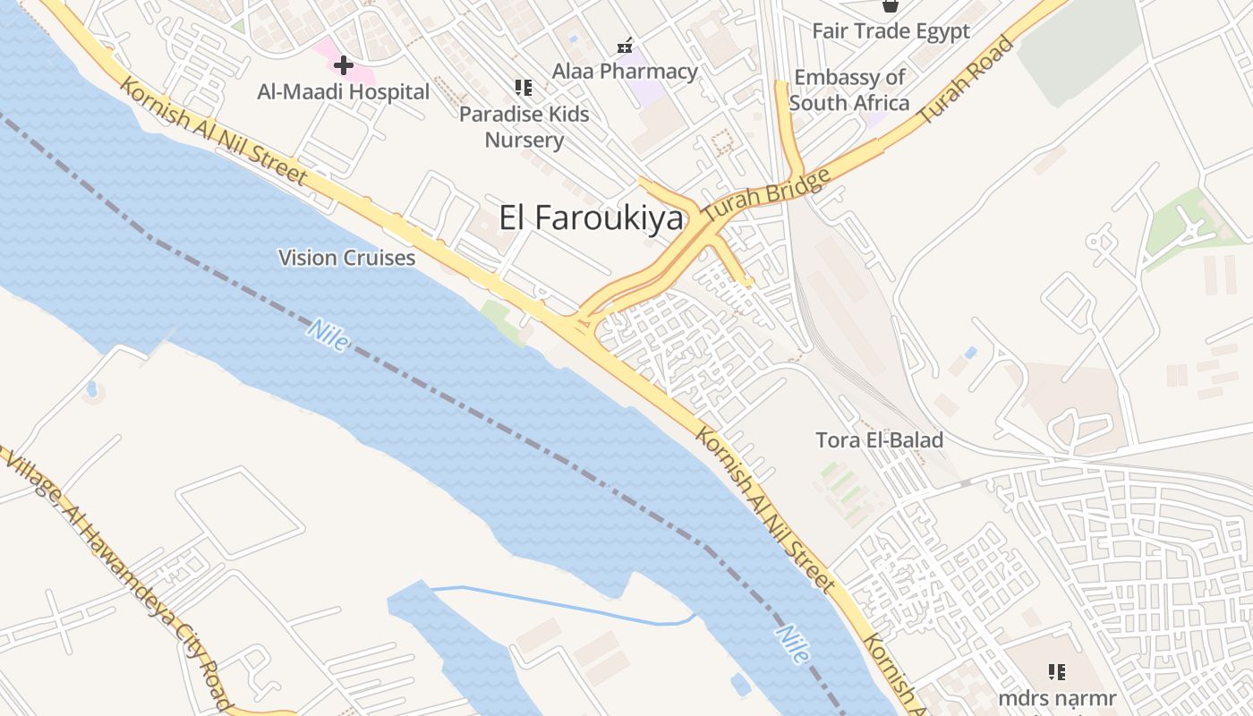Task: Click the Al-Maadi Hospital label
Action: point(344,91)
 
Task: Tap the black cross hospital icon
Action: point(344,64)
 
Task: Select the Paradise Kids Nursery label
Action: point(524,127)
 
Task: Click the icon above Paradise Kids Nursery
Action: point(524,88)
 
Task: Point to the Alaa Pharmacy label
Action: point(625,71)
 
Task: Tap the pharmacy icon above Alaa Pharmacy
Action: point(625,45)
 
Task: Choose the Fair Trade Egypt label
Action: point(891,31)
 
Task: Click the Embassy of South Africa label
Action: point(849,90)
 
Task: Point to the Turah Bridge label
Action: point(767,198)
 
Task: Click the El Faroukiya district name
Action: point(591,218)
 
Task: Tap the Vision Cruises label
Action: point(346,258)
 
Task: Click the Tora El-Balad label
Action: point(879,440)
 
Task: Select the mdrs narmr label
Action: point(1057,698)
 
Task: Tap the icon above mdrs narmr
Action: point(1057,671)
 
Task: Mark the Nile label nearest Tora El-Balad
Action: point(793,644)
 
